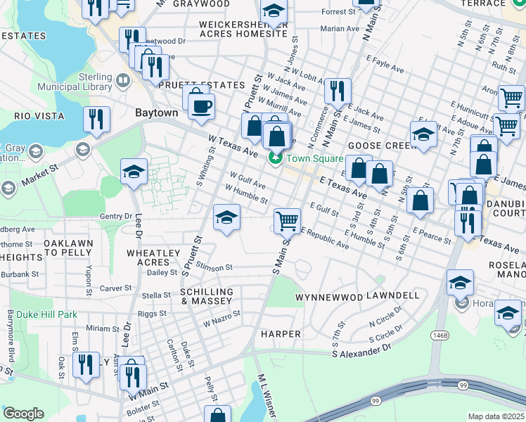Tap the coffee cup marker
click(202, 107)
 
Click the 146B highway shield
click(440, 336)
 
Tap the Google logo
click(23, 414)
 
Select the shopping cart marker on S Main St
click(287, 221)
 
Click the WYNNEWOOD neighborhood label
click(328, 297)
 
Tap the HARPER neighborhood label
click(281, 333)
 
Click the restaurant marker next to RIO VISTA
click(96, 120)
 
